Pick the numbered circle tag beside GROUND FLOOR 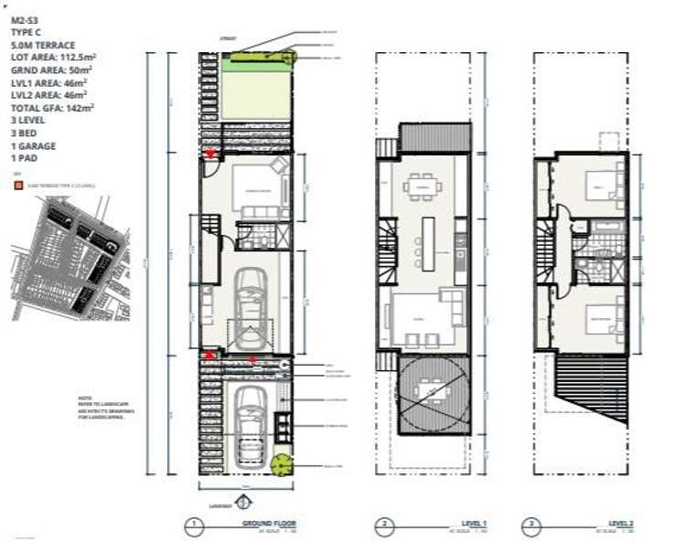(x=193, y=526)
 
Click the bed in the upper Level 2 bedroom (x=595, y=191)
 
